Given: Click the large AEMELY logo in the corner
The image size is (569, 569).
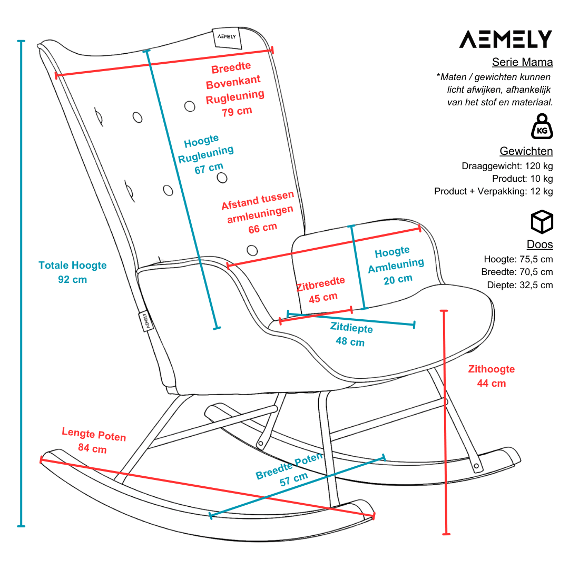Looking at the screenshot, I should [505, 40].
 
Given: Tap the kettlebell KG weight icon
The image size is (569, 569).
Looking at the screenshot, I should [542, 126].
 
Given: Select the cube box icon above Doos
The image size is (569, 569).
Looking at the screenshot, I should [542, 222].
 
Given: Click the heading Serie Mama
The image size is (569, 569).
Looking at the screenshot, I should [522, 62].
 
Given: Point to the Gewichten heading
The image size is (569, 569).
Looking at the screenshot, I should [526, 151].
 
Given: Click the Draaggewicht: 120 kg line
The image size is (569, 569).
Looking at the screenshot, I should [507, 166].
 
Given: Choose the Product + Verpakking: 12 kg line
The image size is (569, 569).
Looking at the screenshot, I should [493, 191].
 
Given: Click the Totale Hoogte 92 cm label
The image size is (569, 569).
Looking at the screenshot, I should [72, 272].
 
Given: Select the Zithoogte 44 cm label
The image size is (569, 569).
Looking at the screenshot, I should [491, 376].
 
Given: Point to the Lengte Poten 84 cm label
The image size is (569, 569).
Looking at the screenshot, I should [93, 441].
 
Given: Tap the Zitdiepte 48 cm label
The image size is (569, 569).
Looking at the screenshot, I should [351, 335].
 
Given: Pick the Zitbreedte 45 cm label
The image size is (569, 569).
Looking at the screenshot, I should [321, 290].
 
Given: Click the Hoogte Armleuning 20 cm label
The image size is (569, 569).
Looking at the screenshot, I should [396, 264].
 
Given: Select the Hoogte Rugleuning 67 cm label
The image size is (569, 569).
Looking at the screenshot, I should [205, 154].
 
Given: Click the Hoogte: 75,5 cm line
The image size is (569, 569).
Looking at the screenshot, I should [518, 259].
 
